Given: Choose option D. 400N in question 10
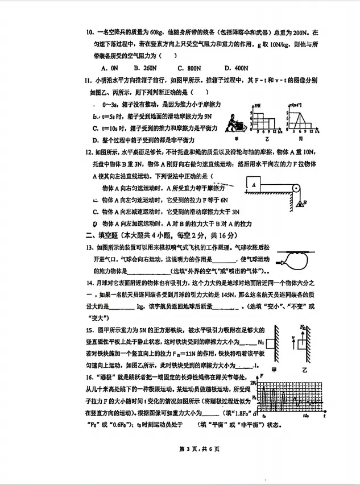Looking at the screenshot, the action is [x=237, y=68].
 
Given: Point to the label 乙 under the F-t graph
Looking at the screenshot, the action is [x=267, y=139].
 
